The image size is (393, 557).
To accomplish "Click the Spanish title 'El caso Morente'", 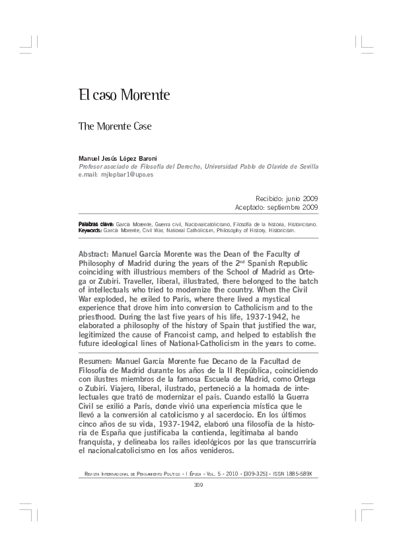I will [x=124, y=95].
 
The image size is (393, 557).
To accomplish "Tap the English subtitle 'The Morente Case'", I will [x=114, y=125].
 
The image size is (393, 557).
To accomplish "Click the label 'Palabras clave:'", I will [x=96, y=225].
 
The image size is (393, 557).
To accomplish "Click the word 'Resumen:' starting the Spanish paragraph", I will [x=96, y=363].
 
